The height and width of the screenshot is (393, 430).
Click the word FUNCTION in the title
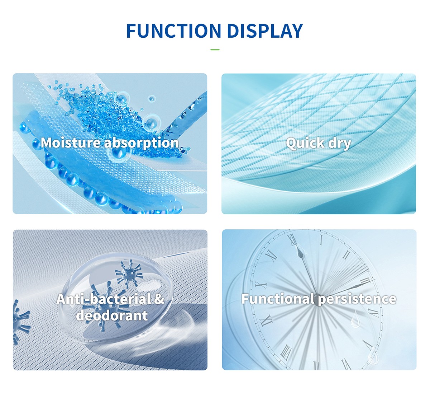point(174,31)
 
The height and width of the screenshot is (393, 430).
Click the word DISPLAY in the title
point(265,31)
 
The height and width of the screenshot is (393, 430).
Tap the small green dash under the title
point(215,50)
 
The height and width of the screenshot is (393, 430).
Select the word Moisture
point(71,142)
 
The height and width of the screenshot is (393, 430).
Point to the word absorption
point(142,143)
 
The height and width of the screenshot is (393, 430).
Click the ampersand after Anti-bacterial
point(159,299)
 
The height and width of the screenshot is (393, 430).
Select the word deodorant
point(112,315)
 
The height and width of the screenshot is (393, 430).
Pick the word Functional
point(279,299)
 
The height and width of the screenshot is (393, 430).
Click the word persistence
point(357,300)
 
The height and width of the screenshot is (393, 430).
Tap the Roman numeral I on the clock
point(321,240)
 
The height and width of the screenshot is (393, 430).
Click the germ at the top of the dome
point(129,274)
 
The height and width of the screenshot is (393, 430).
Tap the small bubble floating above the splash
point(152,99)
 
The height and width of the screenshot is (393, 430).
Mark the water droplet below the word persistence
point(355,319)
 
